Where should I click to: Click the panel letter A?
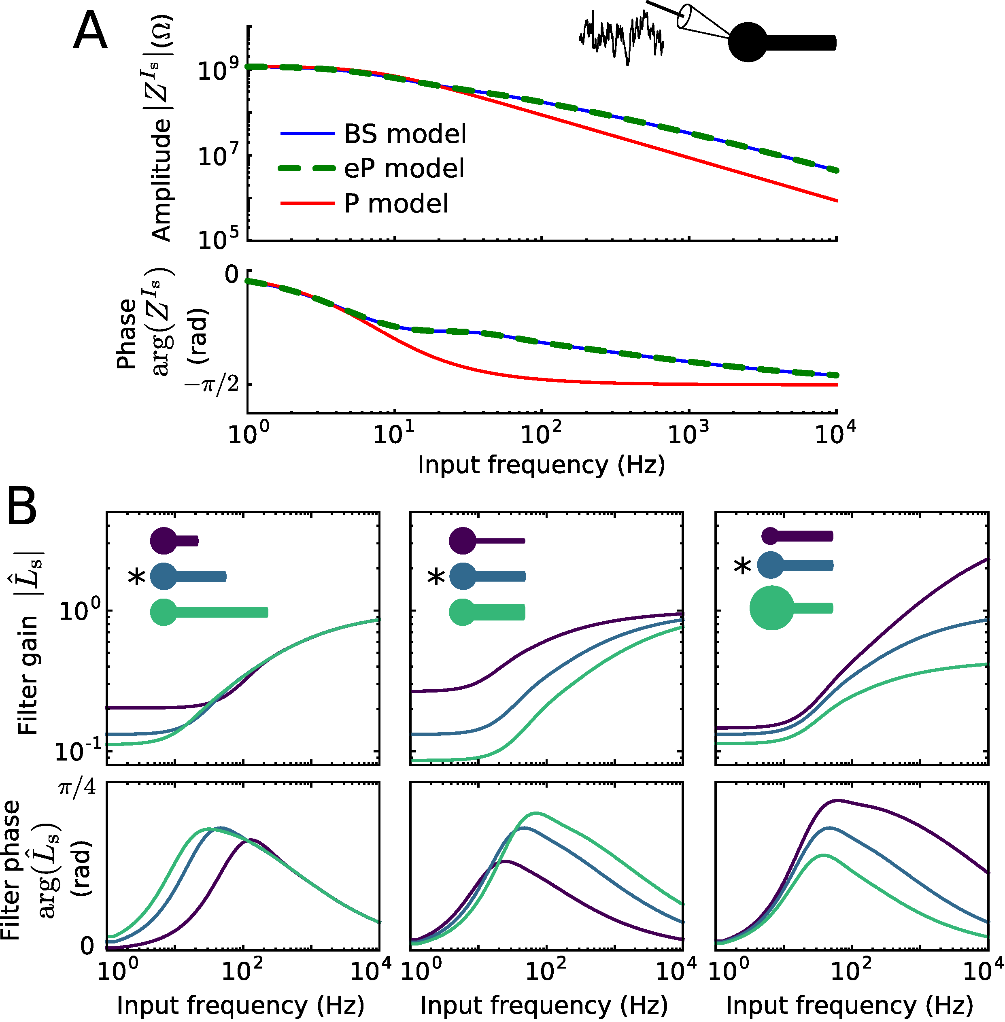[90, 33]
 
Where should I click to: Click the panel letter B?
[22, 505]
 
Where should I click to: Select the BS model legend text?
[405, 134]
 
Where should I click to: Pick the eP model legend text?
[404, 168]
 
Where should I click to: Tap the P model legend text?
[396, 204]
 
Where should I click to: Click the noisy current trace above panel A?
[621, 36]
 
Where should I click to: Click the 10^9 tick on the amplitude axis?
[218, 69]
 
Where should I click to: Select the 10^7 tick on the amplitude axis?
[218, 156]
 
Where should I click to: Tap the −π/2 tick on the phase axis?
[211, 384]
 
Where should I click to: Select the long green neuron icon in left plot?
[209, 612]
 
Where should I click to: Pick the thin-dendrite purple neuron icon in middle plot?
[486, 541]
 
